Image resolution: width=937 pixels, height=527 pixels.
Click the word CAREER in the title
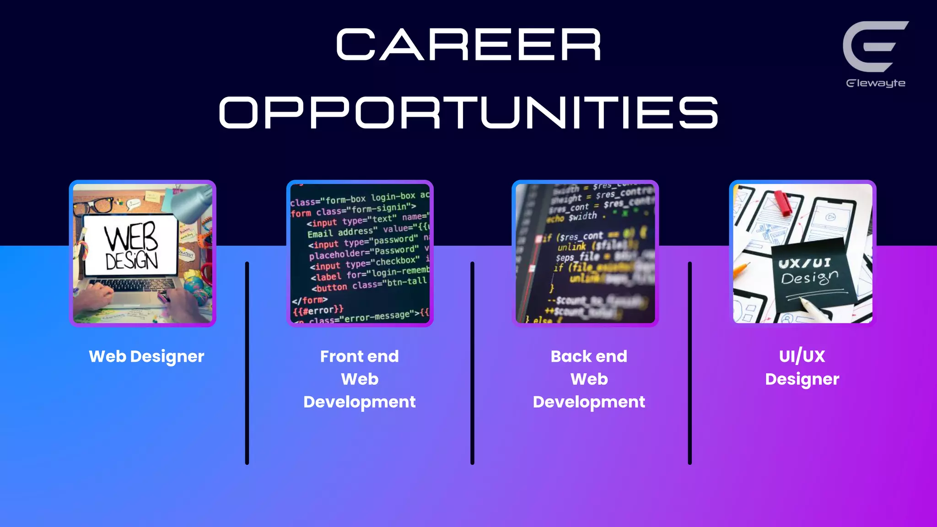pos(468,45)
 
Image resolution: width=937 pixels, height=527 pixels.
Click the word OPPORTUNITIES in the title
pos(468,113)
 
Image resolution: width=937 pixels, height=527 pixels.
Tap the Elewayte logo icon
pos(874,46)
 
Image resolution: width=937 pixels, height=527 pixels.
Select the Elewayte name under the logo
pos(875,83)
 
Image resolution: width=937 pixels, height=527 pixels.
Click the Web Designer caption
pos(146,356)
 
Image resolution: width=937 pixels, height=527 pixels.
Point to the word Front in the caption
pos(339,356)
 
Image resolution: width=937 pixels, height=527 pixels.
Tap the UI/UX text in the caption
pos(802,356)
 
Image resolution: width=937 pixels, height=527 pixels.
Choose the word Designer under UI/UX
pos(802,379)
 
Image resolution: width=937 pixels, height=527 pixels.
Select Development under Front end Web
pos(360,402)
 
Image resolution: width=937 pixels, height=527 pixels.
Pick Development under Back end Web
pos(589,402)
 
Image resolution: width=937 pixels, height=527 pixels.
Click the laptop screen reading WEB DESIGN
pos(131,245)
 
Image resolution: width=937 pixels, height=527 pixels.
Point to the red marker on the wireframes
pos(783,203)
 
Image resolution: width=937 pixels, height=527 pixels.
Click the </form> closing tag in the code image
pos(310,301)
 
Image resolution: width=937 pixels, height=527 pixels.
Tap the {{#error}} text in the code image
pos(318,311)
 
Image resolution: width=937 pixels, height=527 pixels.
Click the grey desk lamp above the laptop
pos(192,202)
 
